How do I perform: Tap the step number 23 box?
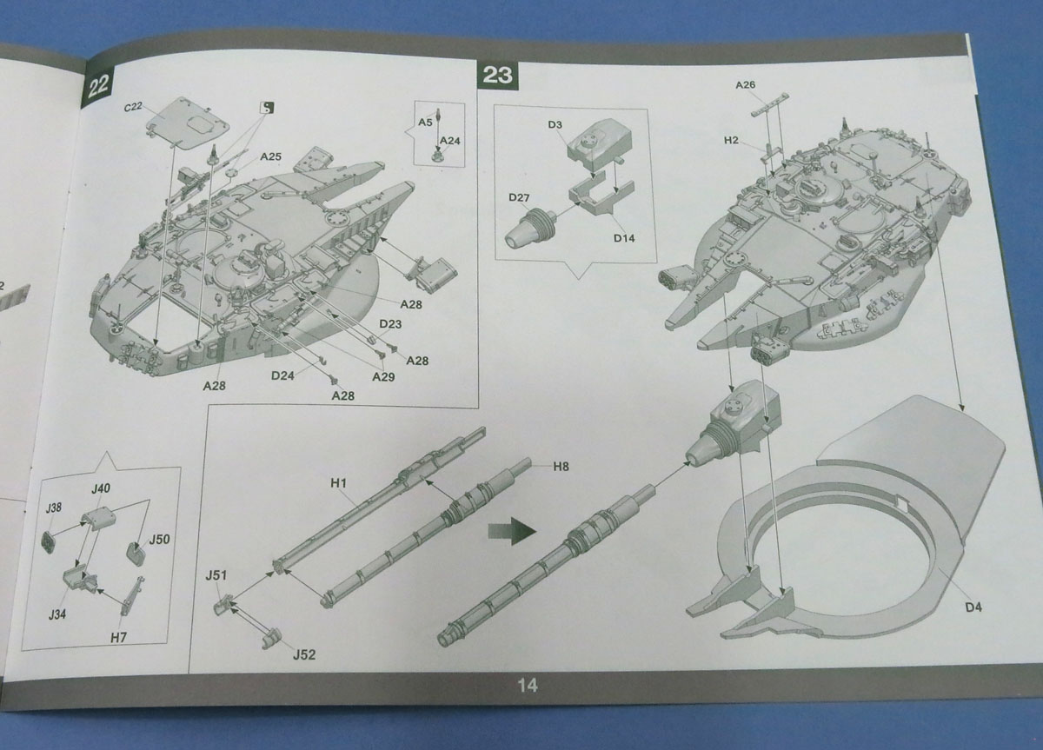(497, 75)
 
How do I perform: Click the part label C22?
(133, 107)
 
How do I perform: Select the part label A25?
(271, 156)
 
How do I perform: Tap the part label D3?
(556, 125)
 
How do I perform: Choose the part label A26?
(745, 85)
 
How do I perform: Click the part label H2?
(731, 140)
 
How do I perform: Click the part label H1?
(338, 481)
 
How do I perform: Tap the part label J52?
(305, 654)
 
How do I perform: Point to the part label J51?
(216, 574)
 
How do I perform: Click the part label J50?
(158, 540)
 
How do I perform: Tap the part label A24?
(449, 140)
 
